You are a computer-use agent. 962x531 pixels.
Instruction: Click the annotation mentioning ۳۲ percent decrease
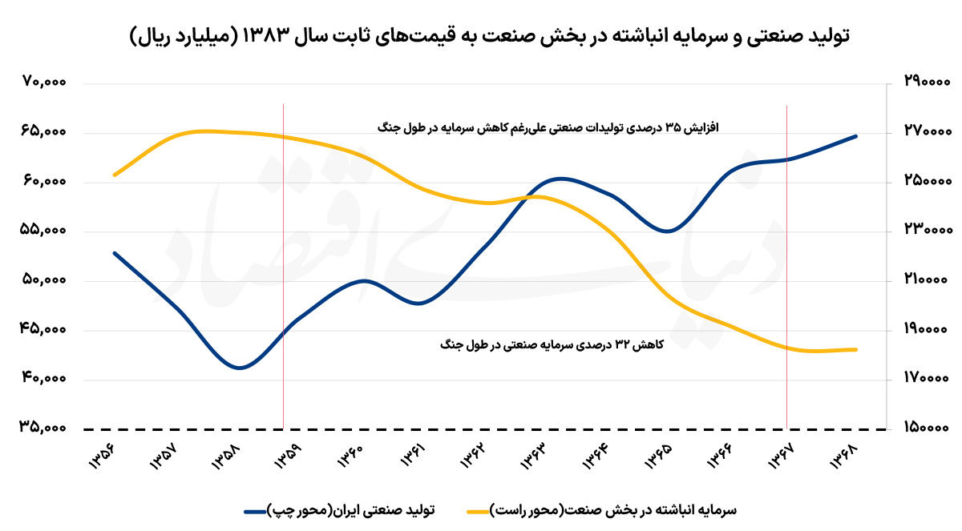[x=549, y=344]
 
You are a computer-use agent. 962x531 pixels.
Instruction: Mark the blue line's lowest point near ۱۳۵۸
[x=239, y=368]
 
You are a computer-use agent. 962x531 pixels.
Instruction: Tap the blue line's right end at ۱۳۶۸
[x=856, y=136]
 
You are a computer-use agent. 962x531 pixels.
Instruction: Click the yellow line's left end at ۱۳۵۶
[x=115, y=175]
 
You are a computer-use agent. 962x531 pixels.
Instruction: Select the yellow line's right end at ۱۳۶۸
[x=856, y=349]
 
